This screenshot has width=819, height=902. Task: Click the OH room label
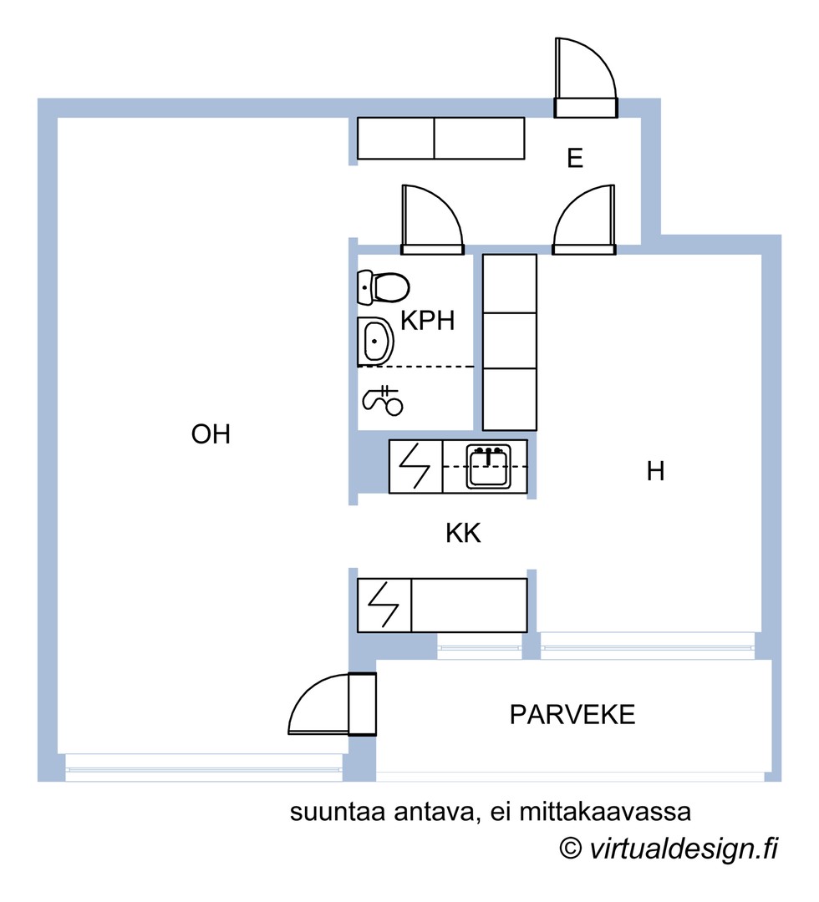point(210,435)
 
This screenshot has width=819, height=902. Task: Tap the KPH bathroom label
point(427,321)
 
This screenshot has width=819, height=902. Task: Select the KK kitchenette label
point(463,534)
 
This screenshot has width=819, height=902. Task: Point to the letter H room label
point(655,472)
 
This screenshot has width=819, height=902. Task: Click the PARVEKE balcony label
point(572,715)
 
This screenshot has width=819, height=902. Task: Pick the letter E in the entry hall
point(574,159)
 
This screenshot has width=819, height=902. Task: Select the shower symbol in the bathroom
point(383,401)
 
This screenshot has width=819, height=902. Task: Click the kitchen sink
point(488,467)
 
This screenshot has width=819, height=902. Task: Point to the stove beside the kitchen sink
point(415,467)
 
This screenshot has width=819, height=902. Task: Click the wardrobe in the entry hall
point(440,139)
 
